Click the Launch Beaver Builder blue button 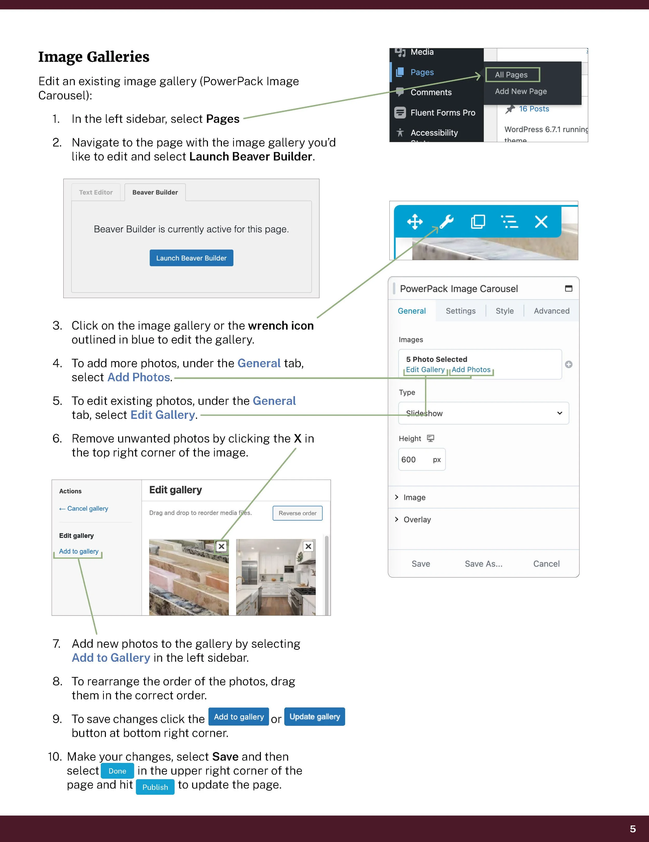[x=191, y=258]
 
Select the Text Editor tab [x=96, y=192]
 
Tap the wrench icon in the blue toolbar [x=447, y=222]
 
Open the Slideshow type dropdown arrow [x=559, y=413]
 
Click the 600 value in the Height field [x=409, y=460]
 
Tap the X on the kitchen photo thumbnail [x=308, y=546]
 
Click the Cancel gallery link [x=87, y=508]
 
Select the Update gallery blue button [x=314, y=717]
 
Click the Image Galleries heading [x=94, y=57]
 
